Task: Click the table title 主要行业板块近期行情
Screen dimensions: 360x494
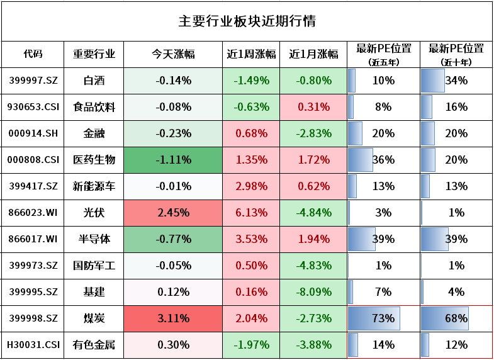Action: [x=247, y=21]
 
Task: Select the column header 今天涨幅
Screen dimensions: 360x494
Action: [x=173, y=54]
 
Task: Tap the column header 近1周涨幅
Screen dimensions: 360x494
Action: [x=251, y=54]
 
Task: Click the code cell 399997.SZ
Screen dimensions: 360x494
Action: [x=33, y=81]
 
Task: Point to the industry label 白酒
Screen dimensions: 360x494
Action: [x=94, y=81]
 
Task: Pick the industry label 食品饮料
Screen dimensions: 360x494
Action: [x=94, y=107]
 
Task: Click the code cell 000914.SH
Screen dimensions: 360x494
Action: [x=33, y=133]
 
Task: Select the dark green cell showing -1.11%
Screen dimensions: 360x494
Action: [x=173, y=160]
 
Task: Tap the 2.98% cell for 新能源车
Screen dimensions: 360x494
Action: [x=251, y=186]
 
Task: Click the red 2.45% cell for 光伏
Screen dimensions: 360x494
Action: [x=173, y=213]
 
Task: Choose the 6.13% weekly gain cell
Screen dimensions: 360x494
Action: [x=251, y=213]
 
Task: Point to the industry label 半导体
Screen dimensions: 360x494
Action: [x=94, y=239]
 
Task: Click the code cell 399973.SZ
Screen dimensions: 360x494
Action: [x=33, y=266]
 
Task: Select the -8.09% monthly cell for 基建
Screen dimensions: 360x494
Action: [x=313, y=292]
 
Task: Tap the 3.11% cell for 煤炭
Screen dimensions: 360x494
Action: [x=173, y=318]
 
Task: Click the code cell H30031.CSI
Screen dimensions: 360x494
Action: [x=33, y=345]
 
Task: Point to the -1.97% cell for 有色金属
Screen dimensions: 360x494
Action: [x=251, y=345]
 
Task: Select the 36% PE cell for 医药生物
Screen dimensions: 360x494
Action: [x=383, y=160]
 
